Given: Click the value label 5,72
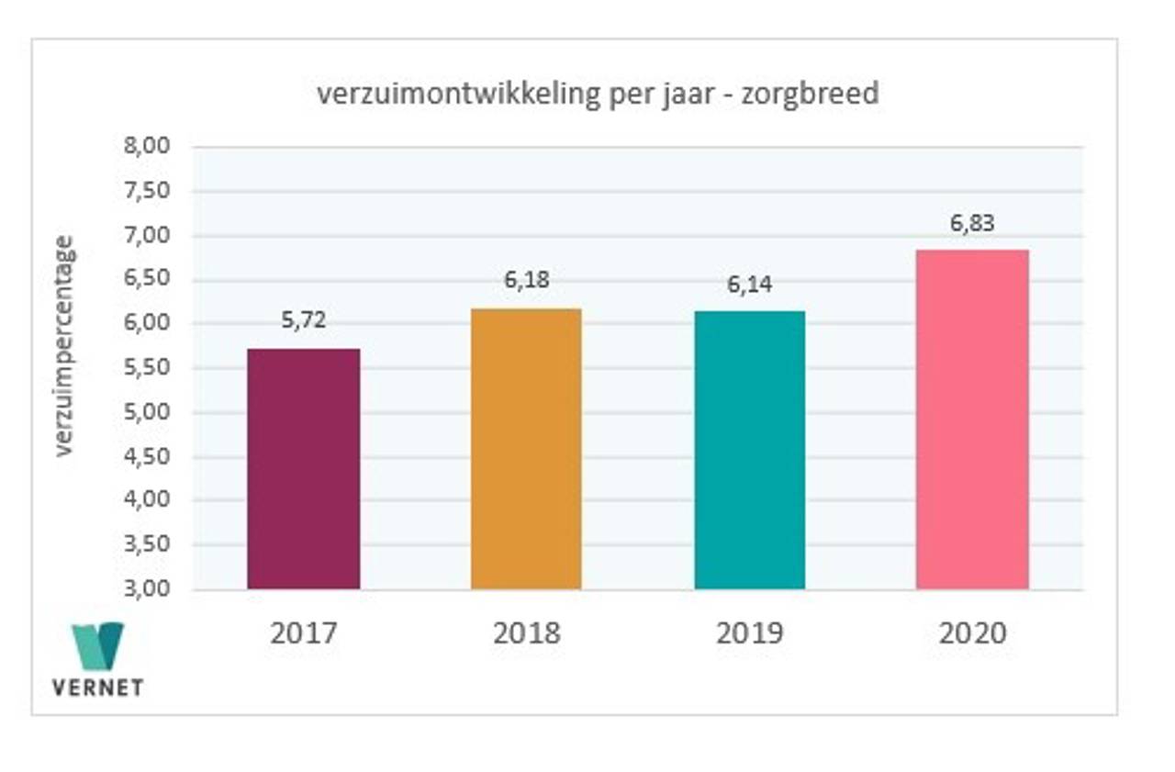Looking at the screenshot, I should pyautogui.click(x=304, y=321).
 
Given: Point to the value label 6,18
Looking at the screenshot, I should pyautogui.click(x=526, y=280).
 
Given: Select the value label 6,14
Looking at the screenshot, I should pyautogui.click(x=749, y=285).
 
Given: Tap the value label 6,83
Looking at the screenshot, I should pyautogui.click(x=972, y=223).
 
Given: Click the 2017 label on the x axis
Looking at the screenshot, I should pyautogui.click(x=304, y=633).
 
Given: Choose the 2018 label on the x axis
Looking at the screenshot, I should pyautogui.click(x=526, y=633).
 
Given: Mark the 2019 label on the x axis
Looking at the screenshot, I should pyautogui.click(x=749, y=633).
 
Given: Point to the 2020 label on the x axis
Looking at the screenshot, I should pyautogui.click(x=972, y=633).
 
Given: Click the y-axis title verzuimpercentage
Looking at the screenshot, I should pyautogui.click(x=63, y=346).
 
